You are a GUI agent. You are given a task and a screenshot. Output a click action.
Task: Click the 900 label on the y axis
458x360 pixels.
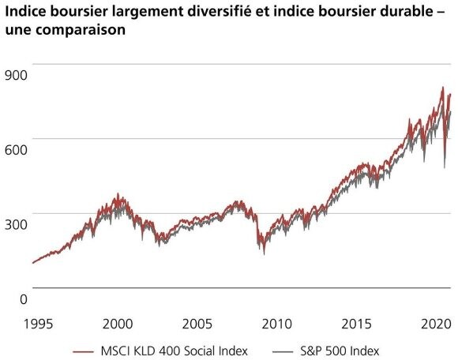click(17, 75)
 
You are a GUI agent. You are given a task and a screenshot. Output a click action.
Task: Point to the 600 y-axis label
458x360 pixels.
click(17, 149)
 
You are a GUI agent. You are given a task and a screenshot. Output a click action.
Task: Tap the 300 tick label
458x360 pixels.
click(17, 224)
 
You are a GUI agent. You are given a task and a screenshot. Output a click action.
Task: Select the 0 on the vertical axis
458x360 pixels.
click(24, 298)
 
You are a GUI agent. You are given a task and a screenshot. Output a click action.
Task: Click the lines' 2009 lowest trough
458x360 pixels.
click(263, 253)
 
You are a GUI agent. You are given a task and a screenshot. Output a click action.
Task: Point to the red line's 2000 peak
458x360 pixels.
click(118, 194)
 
